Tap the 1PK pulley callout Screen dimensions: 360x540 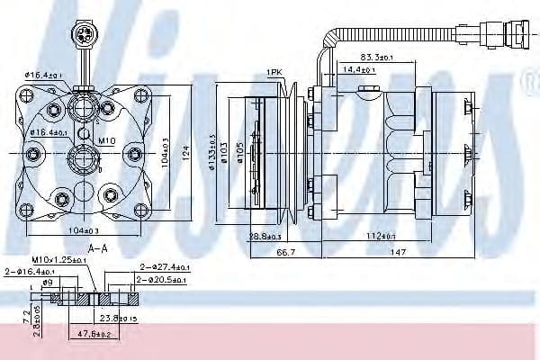(274, 72)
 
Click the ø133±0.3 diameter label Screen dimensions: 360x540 (211, 150)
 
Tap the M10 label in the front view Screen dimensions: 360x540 (106, 141)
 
